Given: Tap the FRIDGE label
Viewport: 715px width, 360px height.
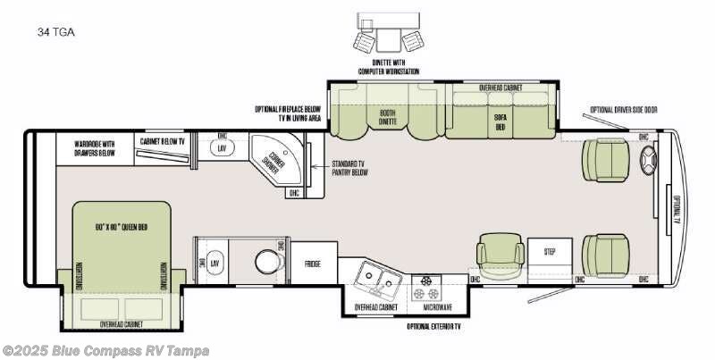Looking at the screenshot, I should [x=314, y=264].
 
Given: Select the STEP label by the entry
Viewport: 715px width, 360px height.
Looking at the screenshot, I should [x=550, y=253].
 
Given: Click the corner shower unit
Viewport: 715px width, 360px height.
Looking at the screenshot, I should [x=273, y=161].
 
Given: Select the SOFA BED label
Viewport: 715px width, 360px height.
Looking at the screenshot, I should [x=501, y=121].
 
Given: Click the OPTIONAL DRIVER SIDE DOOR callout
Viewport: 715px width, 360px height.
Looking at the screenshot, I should [x=623, y=110].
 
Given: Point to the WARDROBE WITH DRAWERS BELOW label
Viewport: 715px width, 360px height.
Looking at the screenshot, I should [x=95, y=147].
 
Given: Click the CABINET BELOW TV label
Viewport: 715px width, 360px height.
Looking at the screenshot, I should [x=162, y=141].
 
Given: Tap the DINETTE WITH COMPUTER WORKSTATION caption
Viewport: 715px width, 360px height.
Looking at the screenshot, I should [x=388, y=67].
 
